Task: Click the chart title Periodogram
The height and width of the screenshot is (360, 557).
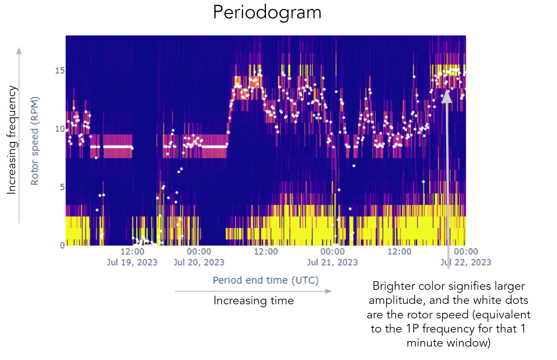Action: tap(267, 12)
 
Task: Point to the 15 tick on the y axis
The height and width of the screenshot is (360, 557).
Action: tap(60, 70)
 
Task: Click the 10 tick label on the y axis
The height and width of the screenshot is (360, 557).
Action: tap(60, 129)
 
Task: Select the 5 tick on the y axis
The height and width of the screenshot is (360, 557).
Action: tap(62, 187)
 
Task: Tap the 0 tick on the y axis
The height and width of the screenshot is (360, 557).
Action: tap(62, 245)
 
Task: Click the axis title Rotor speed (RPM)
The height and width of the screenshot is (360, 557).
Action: tap(35, 141)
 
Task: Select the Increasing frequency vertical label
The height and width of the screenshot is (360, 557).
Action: tap(12, 140)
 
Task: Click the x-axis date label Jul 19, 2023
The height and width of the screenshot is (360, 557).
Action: tap(132, 262)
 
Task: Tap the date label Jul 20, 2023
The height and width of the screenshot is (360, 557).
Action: tap(199, 262)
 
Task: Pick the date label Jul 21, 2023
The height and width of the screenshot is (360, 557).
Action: tap(332, 262)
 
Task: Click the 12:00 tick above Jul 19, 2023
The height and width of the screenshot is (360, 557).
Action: tap(132, 252)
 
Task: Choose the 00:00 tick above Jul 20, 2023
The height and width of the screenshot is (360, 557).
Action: tap(199, 252)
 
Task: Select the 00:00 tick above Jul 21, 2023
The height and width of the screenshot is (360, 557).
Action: tap(332, 252)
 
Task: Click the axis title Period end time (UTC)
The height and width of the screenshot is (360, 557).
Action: tap(265, 280)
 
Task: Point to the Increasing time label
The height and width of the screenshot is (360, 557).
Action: tap(254, 301)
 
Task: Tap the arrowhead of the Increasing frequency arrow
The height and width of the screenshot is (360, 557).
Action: tap(19, 51)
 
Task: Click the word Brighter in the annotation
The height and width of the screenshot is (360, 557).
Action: tap(396, 286)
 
